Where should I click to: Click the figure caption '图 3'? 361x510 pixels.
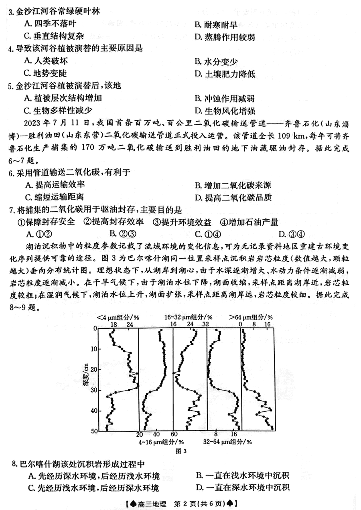pyautogui.click(x=181, y=451)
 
